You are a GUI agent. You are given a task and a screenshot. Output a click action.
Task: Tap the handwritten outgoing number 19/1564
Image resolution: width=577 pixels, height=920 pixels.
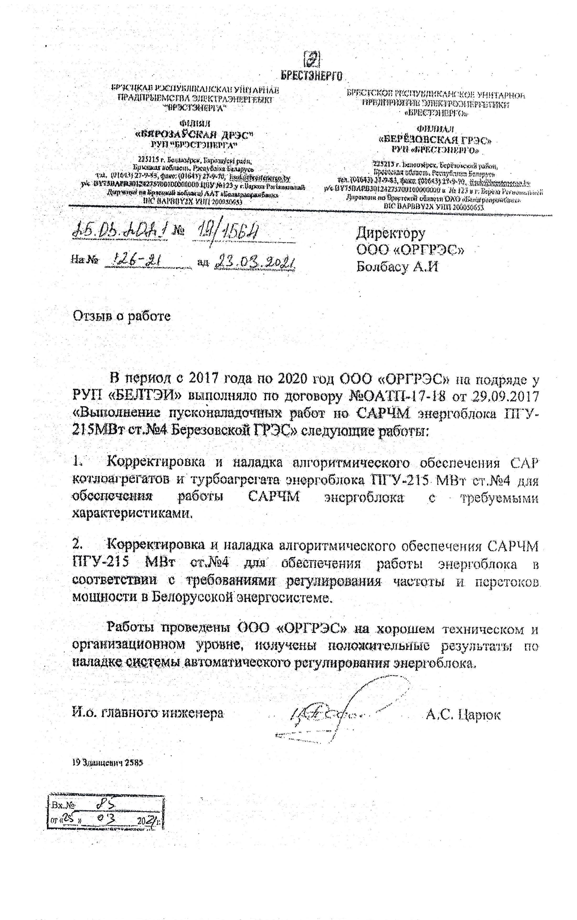(227, 231)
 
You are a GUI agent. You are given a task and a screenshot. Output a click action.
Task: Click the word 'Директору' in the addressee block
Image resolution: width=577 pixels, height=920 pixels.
(390, 233)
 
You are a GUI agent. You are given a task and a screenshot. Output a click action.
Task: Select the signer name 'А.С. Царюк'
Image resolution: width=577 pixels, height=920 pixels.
(463, 714)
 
